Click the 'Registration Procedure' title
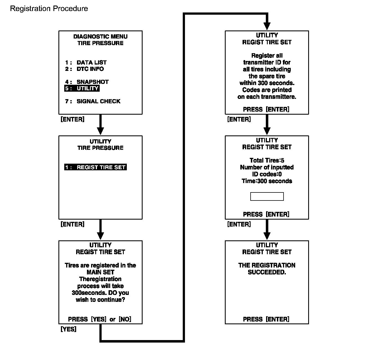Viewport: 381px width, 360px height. pyautogui.click(x=49, y=9)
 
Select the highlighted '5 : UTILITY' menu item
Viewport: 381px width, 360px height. pyautogui.click(x=82, y=88)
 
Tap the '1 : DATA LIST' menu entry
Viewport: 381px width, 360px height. pyautogui.click(x=86, y=63)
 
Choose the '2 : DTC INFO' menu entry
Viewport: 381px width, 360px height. pyautogui.click(x=84, y=69)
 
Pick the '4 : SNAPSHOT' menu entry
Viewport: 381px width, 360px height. pyautogui.click(x=87, y=82)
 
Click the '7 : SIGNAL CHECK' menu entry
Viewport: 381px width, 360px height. pyautogui.click(x=93, y=101)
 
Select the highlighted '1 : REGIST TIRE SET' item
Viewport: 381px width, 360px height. pyautogui.click(x=96, y=167)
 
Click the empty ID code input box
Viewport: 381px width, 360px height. pyautogui.click(x=267, y=197)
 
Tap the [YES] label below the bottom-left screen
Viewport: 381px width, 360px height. pyautogui.click(x=68, y=329)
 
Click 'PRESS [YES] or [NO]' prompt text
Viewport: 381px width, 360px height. pyautogui.click(x=100, y=319)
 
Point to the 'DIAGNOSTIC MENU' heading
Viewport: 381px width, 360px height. pyautogui.click(x=100, y=37)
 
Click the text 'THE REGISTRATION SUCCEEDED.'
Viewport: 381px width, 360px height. pyautogui.click(x=267, y=269)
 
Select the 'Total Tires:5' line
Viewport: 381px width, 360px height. pyautogui.click(x=267, y=160)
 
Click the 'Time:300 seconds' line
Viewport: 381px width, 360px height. pyautogui.click(x=267, y=181)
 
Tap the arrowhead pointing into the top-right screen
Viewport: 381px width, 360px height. pyautogui.click(x=267, y=26)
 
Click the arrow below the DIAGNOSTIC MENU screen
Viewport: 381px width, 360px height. pyautogui.click(x=100, y=125)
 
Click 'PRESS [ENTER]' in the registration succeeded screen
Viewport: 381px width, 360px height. pyautogui.click(x=266, y=319)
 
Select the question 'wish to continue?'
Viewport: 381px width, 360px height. pyautogui.click(x=100, y=300)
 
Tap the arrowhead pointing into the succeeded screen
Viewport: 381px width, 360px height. pyautogui.click(x=267, y=236)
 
